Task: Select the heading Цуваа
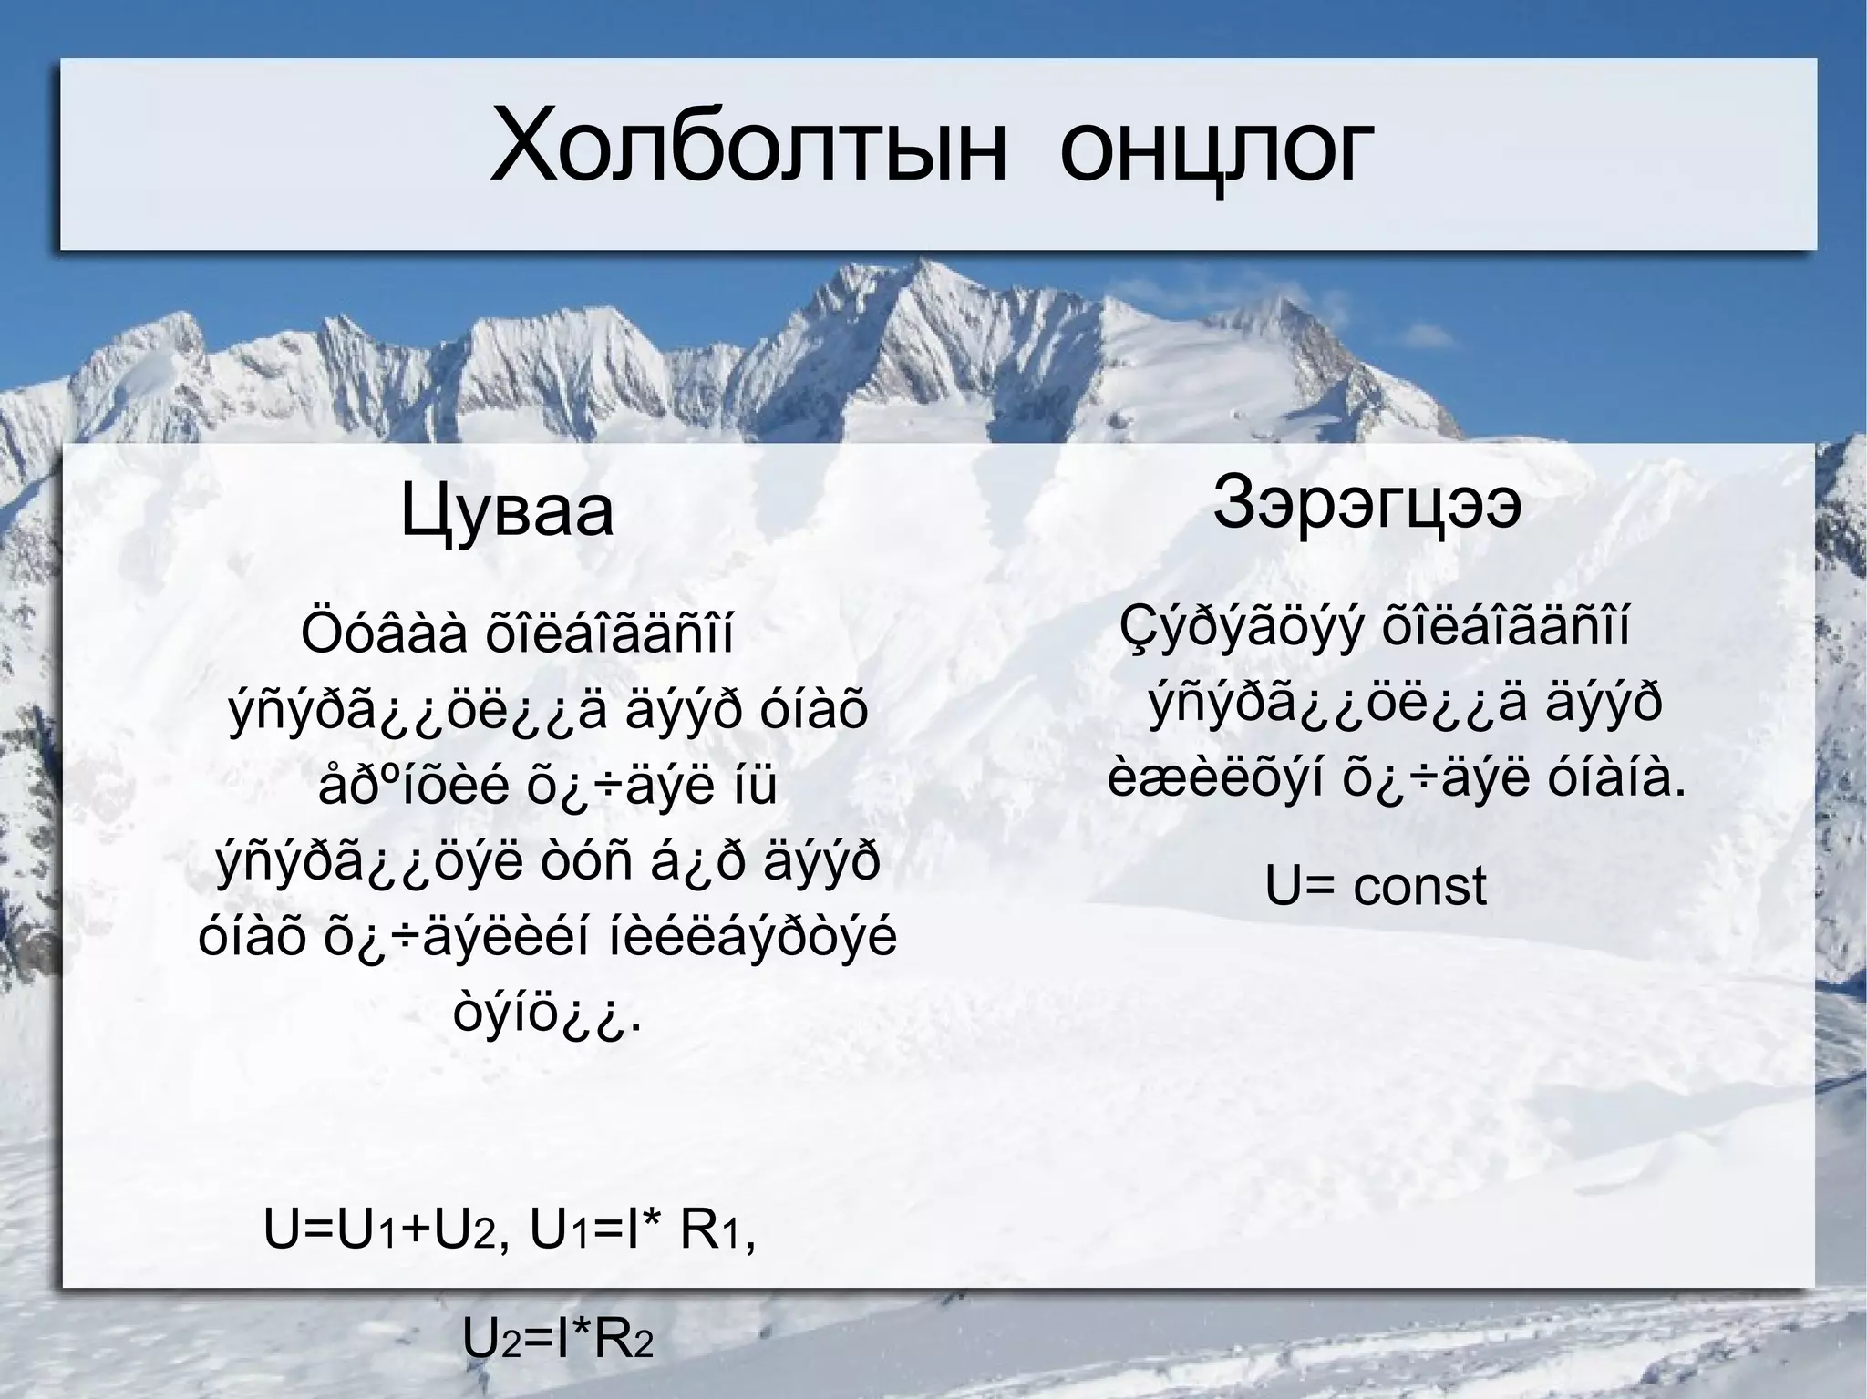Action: point(507,513)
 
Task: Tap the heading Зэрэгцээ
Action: point(1367,503)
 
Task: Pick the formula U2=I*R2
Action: point(559,1339)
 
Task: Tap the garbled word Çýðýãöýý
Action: point(1243,627)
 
